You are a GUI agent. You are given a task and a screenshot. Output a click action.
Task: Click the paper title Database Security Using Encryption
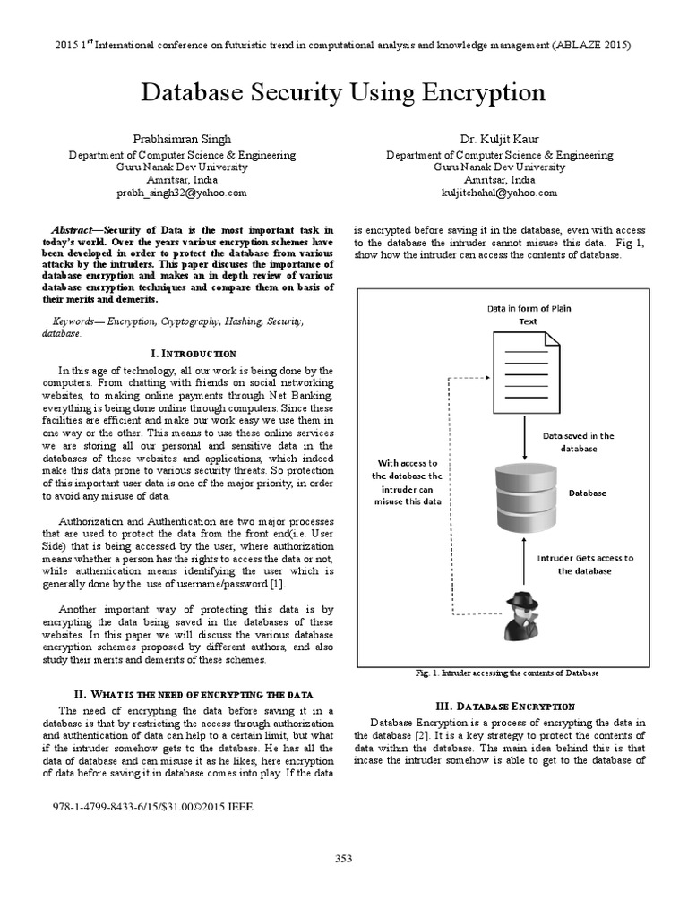[x=343, y=93]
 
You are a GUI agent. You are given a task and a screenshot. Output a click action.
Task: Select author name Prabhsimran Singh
[x=182, y=139]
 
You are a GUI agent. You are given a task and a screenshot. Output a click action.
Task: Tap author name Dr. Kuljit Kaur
[x=499, y=139]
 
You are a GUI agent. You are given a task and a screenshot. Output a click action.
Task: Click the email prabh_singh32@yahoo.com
[x=182, y=193]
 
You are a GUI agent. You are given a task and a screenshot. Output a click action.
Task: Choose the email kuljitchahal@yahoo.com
[x=499, y=193]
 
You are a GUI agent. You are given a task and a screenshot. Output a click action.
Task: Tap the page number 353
[x=344, y=859]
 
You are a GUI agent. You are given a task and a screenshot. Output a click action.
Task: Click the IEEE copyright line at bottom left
[x=154, y=806]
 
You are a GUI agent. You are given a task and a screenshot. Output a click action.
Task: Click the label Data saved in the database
[x=579, y=441]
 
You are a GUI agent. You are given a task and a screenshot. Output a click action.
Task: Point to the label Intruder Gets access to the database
[x=585, y=563]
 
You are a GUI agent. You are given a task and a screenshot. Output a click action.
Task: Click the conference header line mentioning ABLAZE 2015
[x=343, y=45]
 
